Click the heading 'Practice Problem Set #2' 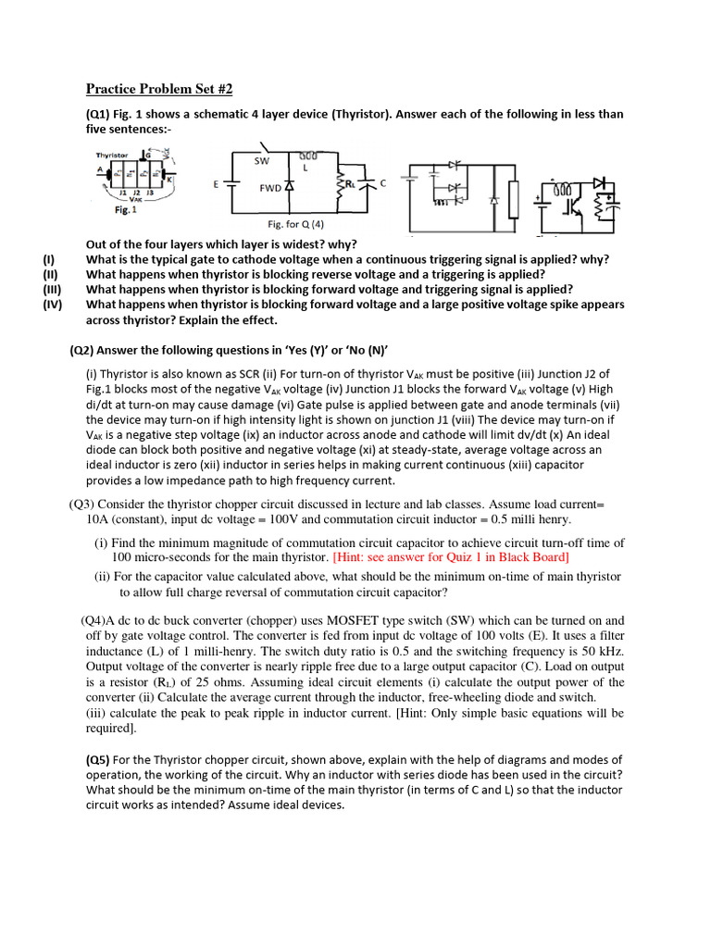click(x=159, y=89)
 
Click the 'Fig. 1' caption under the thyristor click(x=114, y=210)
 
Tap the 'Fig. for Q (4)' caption click(x=296, y=224)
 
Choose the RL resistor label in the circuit click(x=349, y=184)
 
